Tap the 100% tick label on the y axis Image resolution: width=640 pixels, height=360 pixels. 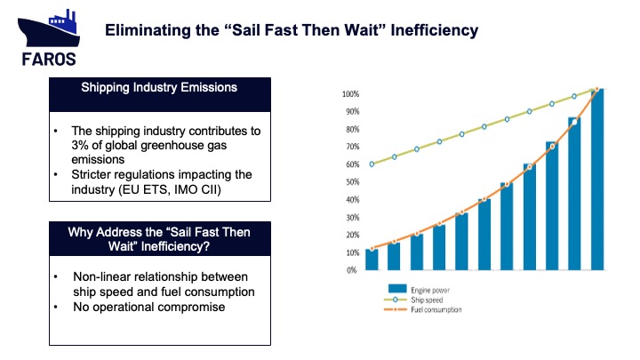[348, 94]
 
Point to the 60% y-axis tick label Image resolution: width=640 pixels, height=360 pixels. [349, 164]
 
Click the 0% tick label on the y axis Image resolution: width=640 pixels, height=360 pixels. [351, 269]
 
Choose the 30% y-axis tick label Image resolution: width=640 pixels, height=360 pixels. [349, 217]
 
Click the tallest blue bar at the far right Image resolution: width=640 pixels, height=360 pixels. [597, 178]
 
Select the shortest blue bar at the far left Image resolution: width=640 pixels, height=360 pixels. [372, 259]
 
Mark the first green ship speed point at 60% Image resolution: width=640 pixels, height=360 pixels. [372, 164]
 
